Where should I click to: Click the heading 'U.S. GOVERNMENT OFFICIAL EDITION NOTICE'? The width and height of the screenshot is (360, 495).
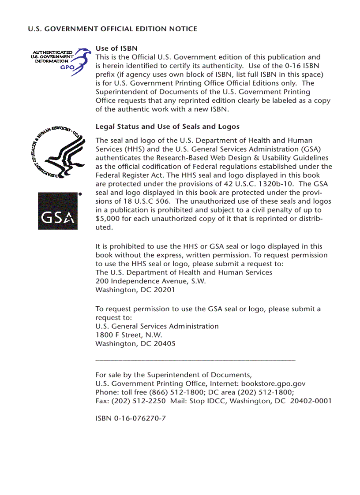(x=112, y=29)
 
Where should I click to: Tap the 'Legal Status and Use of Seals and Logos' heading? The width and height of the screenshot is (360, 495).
(x=167, y=127)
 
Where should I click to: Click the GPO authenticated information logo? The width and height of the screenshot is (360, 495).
(x=57, y=60)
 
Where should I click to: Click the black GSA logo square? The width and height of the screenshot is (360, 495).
(x=57, y=211)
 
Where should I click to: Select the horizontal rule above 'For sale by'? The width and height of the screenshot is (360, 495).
(x=195, y=361)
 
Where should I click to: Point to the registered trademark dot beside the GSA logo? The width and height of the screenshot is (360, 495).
(x=80, y=194)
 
